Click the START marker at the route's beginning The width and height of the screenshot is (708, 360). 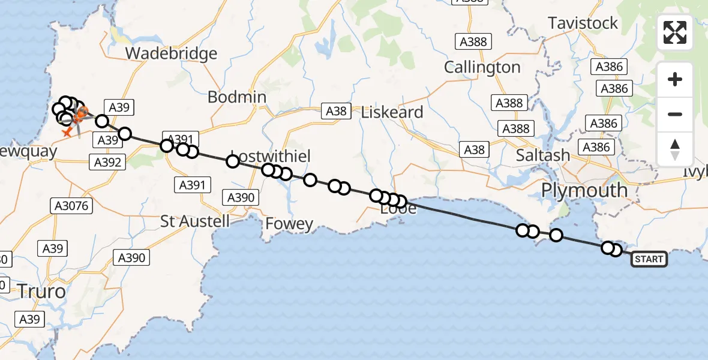pos(649,259)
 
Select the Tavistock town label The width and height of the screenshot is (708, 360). pos(583,23)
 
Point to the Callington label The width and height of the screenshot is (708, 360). pos(482,67)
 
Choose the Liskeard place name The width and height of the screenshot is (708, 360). pos(392,112)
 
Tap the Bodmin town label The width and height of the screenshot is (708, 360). pos(237,97)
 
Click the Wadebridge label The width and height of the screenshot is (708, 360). pos(171,54)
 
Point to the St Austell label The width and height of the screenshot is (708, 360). pos(195,221)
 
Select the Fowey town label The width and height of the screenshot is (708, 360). pos(290,224)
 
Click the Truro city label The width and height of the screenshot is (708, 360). pos(41,292)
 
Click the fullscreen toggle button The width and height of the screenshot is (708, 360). pos(675,32)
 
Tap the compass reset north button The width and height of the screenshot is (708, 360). pos(675,149)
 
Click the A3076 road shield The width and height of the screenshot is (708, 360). pos(70,206)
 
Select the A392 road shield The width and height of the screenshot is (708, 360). pos(107,161)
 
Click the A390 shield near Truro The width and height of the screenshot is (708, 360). pos(131,258)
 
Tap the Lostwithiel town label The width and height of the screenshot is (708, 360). pos(271,157)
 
